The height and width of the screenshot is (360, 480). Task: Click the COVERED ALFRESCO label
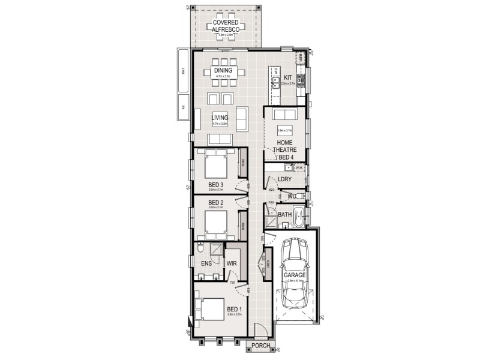click(226, 25)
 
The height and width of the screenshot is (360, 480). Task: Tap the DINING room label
click(223, 70)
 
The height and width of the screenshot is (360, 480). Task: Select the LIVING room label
click(221, 117)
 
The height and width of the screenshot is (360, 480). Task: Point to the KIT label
click(287, 77)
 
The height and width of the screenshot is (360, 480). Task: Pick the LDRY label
click(284, 179)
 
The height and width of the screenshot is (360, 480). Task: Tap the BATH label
click(284, 214)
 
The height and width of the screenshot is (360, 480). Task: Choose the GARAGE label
click(295, 275)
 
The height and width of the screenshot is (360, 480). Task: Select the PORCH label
click(260, 346)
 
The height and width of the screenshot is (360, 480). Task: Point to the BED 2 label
click(215, 202)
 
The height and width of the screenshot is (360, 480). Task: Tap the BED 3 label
click(216, 184)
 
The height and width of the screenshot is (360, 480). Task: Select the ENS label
click(206, 263)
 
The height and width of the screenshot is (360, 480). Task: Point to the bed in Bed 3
click(214, 163)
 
